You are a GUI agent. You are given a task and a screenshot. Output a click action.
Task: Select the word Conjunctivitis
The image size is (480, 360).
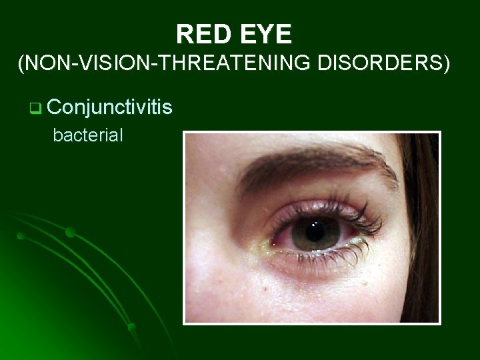110,106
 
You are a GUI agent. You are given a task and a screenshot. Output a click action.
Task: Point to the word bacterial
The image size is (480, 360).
88,136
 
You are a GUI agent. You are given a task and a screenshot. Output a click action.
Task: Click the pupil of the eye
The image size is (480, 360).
313,233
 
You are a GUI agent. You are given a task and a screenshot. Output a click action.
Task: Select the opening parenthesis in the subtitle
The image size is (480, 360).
22,65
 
